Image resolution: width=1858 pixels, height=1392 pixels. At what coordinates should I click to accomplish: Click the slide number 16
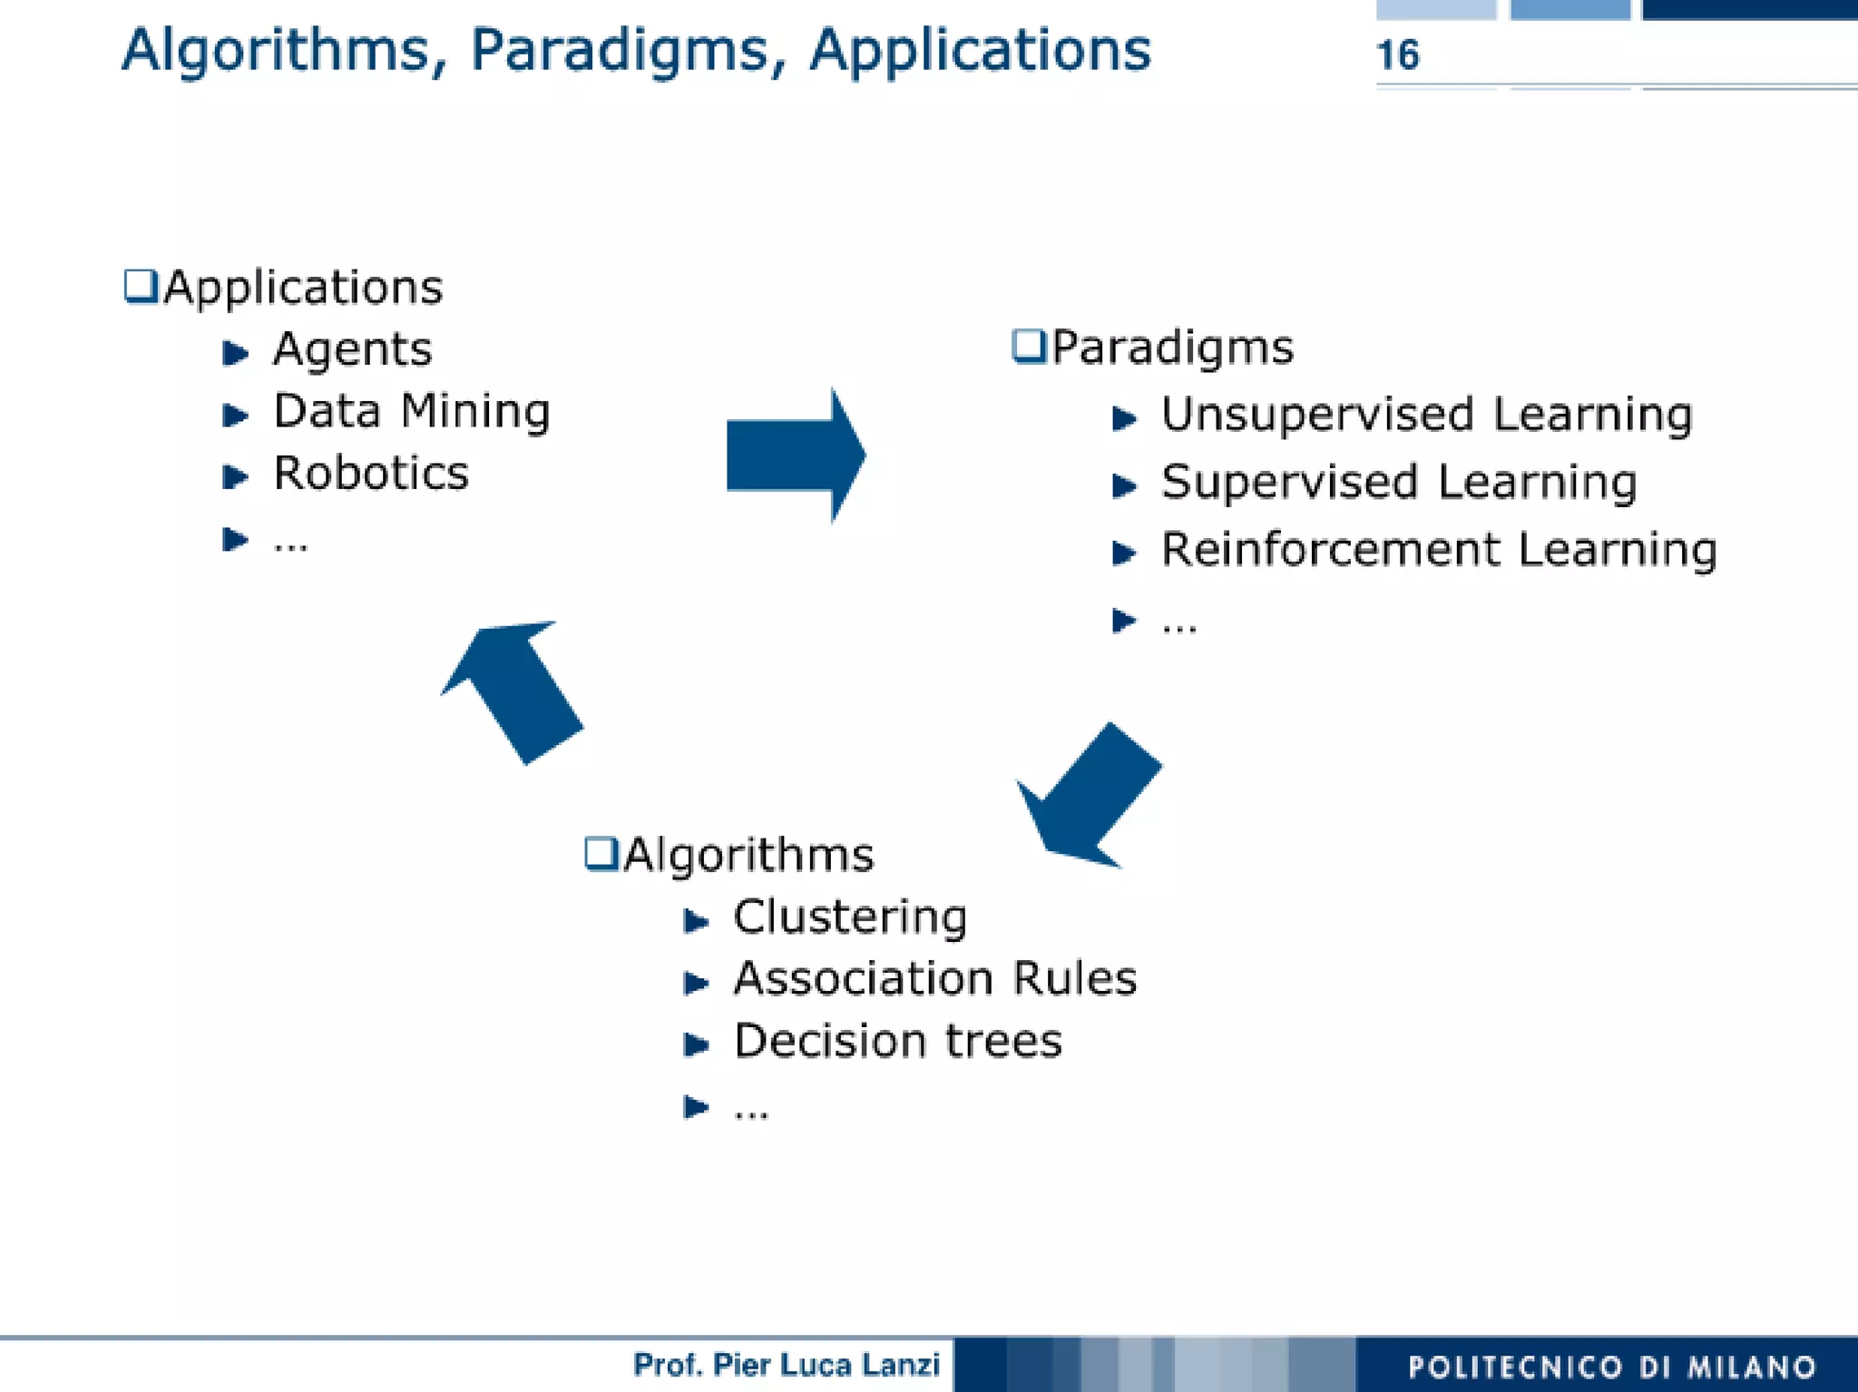tap(1397, 54)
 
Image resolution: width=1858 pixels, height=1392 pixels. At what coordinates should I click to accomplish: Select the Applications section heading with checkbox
tap(283, 287)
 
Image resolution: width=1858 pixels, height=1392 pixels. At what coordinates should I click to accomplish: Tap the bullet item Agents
tap(352, 348)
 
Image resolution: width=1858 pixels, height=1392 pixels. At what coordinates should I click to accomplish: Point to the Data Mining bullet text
tap(411, 411)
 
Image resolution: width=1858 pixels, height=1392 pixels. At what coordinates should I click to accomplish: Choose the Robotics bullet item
tap(370, 473)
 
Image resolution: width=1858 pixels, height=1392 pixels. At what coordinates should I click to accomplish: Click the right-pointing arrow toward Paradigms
tap(795, 456)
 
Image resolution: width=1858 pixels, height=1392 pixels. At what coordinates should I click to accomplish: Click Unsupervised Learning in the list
tap(1425, 415)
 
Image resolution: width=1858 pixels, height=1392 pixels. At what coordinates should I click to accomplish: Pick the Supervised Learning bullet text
tap(1398, 482)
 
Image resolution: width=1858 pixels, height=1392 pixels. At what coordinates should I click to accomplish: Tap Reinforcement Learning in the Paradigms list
tap(1438, 549)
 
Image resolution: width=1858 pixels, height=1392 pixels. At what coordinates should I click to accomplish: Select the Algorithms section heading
tap(730, 855)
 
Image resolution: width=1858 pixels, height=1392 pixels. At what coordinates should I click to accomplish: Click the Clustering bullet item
tap(849, 917)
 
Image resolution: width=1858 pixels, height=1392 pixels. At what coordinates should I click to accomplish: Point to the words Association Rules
tap(934, 978)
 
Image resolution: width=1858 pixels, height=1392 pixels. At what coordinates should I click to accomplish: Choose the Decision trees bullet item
tap(896, 1040)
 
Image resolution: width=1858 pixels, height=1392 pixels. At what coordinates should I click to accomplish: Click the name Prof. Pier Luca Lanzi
tap(786, 1364)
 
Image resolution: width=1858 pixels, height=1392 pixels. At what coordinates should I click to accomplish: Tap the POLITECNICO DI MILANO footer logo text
tap(1611, 1366)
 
